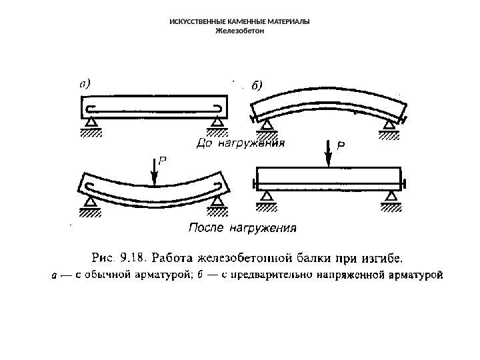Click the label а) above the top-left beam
(x=85, y=84)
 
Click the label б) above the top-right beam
(x=257, y=85)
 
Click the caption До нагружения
(x=240, y=143)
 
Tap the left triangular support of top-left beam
(x=90, y=121)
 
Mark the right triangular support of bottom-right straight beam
(x=390, y=196)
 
